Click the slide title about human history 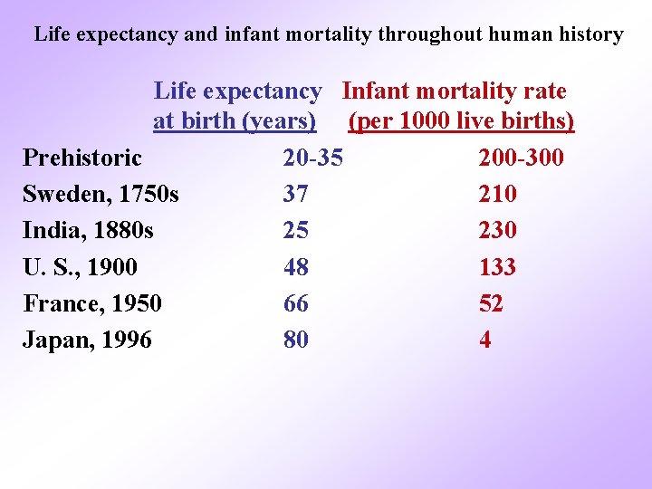click(x=329, y=35)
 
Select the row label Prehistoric click(x=82, y=158)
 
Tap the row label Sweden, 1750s click(x=101, y=195)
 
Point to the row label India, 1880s click(x=88, y=231)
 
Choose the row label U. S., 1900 click(x=80, y=267)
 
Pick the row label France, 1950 click(x=92, y=303)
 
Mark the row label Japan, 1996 click(x=88, y=340)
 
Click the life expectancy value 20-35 click(x=313, y=158)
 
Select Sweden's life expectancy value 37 click(x=296, y=195)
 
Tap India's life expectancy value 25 click(x=296, y=231)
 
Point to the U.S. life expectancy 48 click(x=296, y=267)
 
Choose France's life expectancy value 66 click(x=296, y=303)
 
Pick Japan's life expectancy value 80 click(x=296, y=340)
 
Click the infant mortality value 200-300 click(x=521, y=158)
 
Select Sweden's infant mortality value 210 click(x=498, y=195)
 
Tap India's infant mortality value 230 click(x=498, y=231)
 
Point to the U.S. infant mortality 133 click(x=498, y=267)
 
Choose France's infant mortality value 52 click(x=491, y=303)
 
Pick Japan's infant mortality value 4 click(x=485, y=340)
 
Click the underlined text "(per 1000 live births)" click(x=461, y=121)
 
